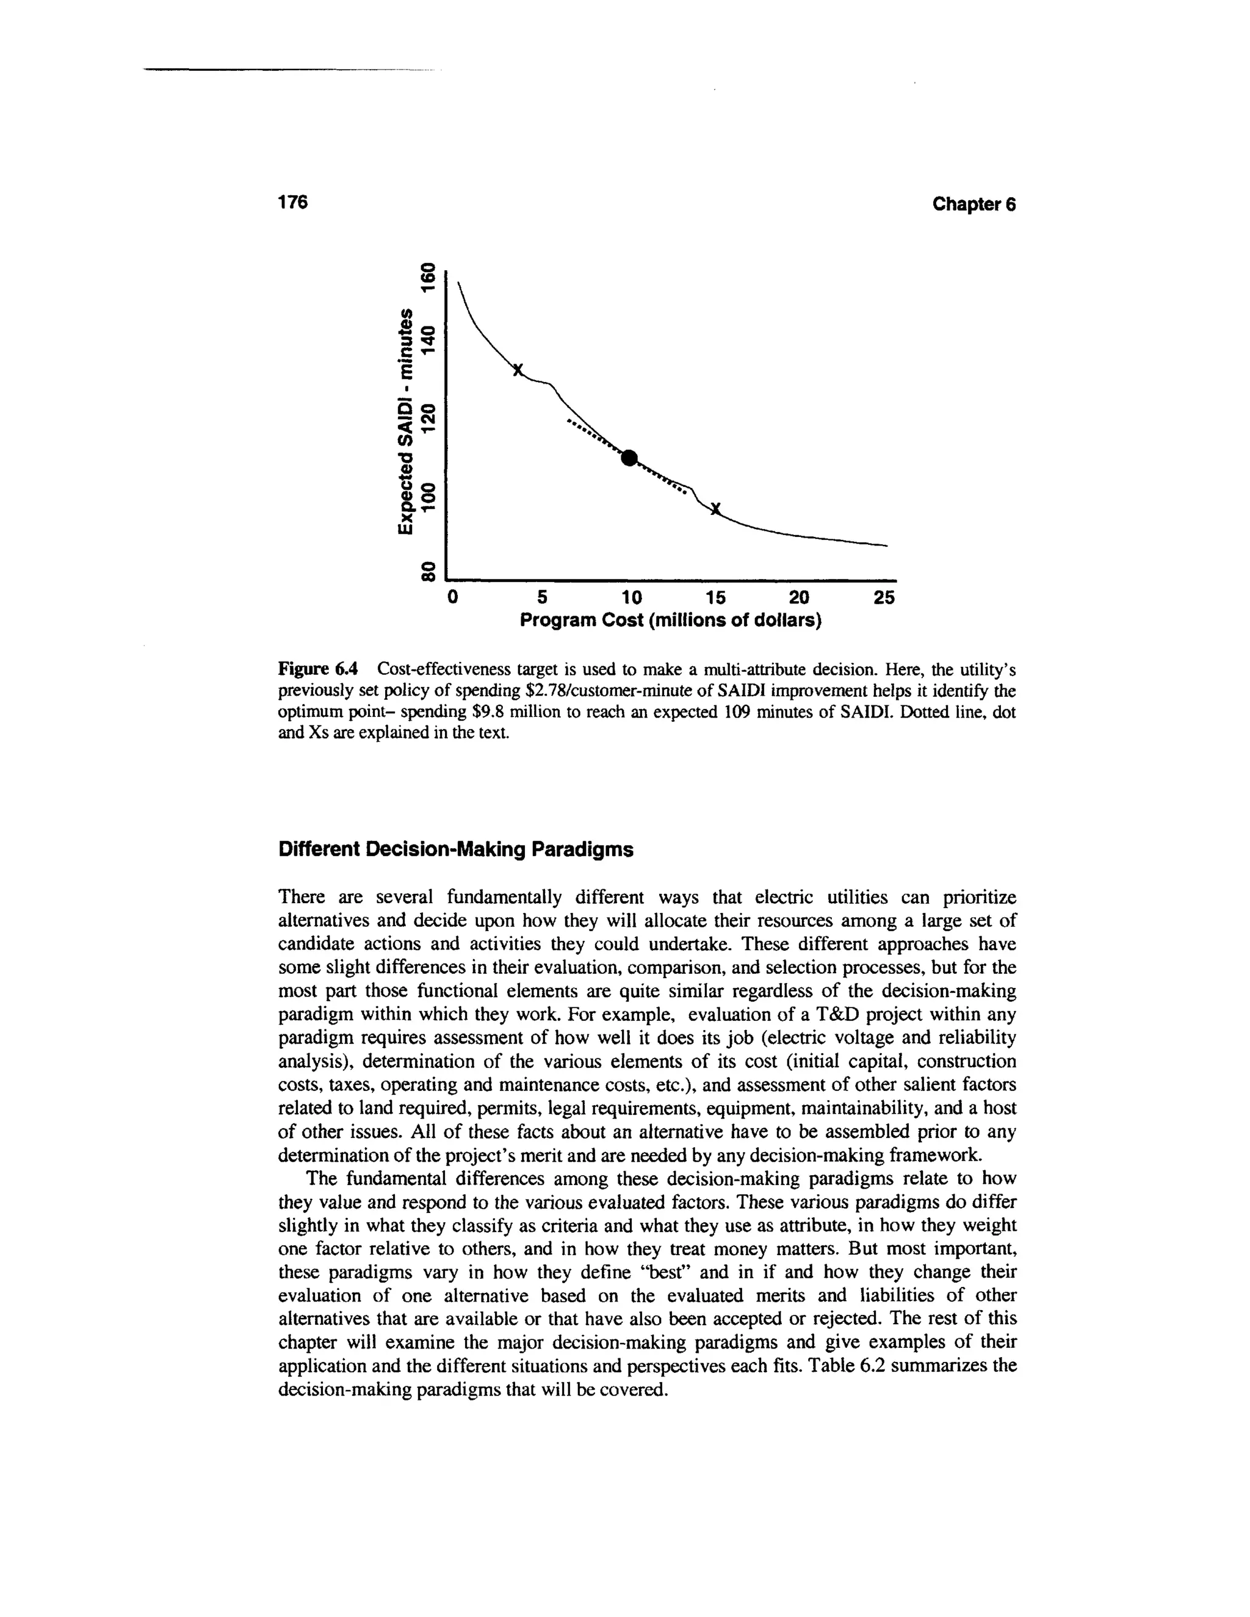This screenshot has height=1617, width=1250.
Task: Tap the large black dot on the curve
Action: tap(629, 458)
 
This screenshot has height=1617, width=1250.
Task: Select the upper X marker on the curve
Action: tap(518, 369)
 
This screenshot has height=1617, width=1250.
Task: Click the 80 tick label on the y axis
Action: tap(427, 571)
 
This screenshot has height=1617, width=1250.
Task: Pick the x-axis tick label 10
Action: tap(632, 597)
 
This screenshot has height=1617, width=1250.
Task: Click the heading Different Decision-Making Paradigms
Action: tap(455, 850)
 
